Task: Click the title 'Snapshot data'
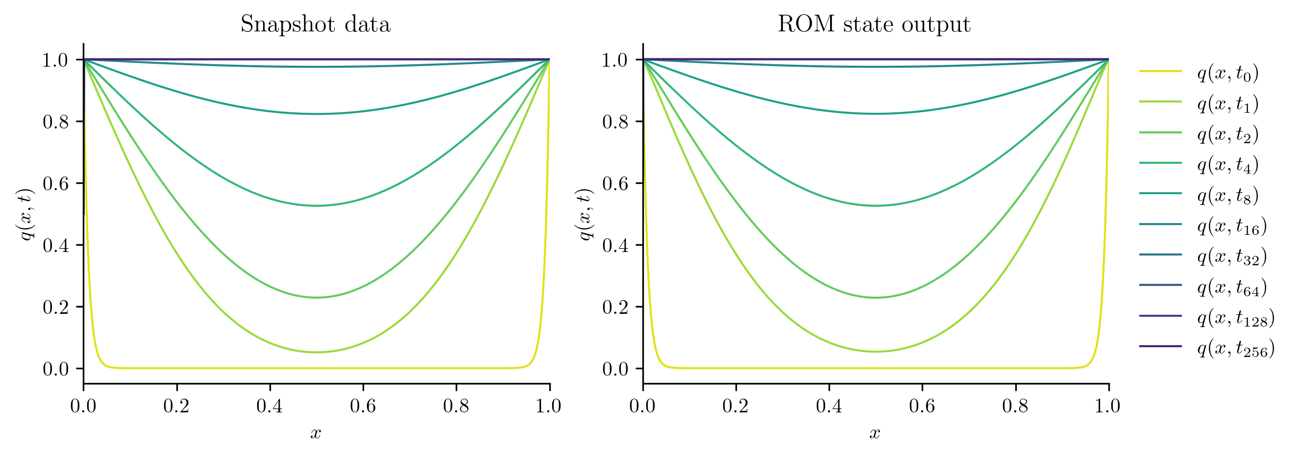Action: pyautogui.click(x=315, y=24)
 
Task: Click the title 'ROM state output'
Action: pyautogui.click(x=874, y=24)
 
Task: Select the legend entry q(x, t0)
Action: pyautogui.click(x=1227, y=73)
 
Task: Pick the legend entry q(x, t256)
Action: pyautogui.click(x=1235, y=348)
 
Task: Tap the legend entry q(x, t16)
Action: pyautogui.click(x=1231, y=226)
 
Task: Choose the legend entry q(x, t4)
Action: pyautogui.click(x=1227, y=165)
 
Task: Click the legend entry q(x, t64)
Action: pyautogui.click(x=1231, y=287)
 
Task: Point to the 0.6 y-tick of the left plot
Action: pyautogui.click(x=55, y=183)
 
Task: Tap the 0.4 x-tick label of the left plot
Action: pyautogui.click(x=270, y=406)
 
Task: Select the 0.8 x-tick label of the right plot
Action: pyautogui.click(x=1015, y=406)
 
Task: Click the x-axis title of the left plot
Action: pyautogui.click(x=316, y=433)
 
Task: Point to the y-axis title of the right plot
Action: pyautogui.click(x=586, y=214)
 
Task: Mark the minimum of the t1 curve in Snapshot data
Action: pyautogui.click(x=316, y=352)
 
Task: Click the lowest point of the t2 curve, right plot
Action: pyautogui.click(x=876, y=298)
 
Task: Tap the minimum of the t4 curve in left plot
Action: pyautogui.click(x=316, y=206)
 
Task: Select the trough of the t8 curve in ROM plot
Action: pyautogui.click(x=876, y=114)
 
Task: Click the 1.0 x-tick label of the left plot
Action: pyautogui.click(x=549, y=406)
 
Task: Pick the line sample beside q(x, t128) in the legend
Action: pyautogui.click(x=1160, y=316)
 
